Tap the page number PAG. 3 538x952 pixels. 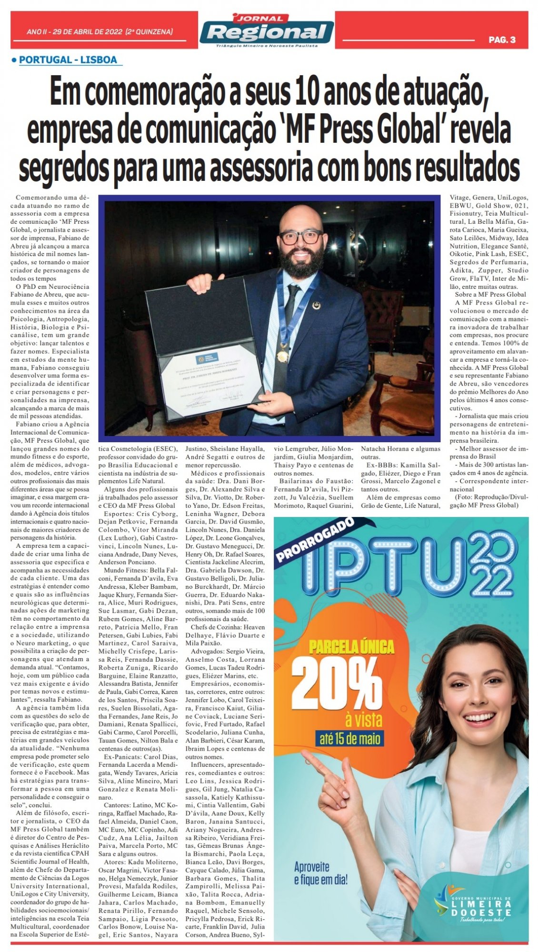pyautogui.click(x=502, y=40)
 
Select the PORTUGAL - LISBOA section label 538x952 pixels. pyautogui.click(x=68, y=60)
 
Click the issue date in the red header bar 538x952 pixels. pyautogui.click(x=100, y=31)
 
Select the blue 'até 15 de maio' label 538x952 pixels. pyautogui.click(x=347, y=738)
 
